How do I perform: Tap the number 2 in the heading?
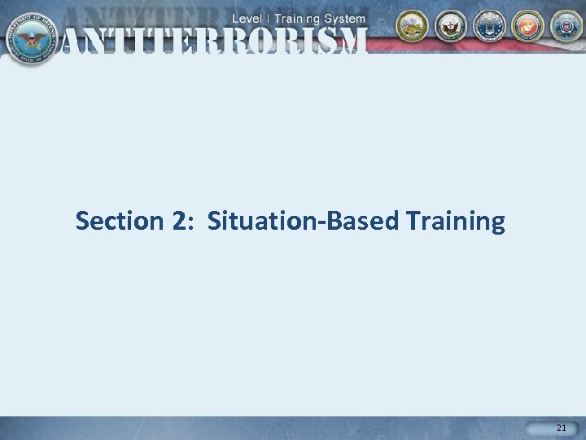[180, 221]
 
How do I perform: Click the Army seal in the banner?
[413, 26]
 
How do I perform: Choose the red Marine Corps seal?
[527, 26]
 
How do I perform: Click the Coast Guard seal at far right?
[566, 26]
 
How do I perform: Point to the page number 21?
[561, 428]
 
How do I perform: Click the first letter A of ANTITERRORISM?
[77, 40]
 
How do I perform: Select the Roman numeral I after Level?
[272, 18]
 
